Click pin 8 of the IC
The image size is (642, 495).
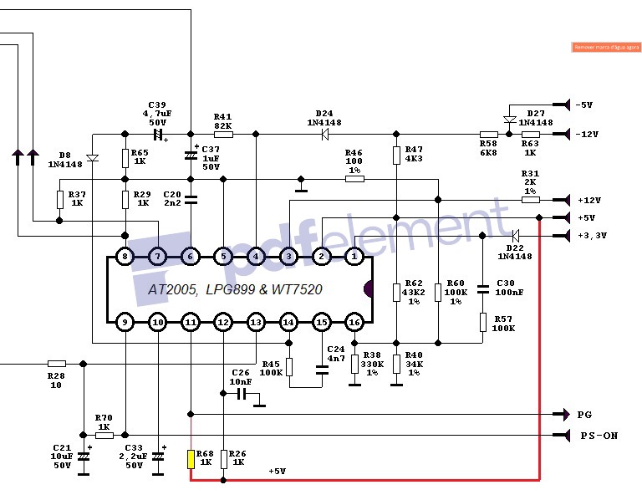124,256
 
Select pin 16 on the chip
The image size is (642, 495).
354,322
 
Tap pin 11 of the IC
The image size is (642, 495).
191,322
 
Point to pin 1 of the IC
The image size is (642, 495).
354,256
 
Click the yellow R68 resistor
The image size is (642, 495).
191,459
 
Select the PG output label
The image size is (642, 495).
585,415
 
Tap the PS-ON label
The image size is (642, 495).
599,436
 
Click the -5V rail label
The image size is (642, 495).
583,105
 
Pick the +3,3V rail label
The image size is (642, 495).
591,236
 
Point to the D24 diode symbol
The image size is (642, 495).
324,134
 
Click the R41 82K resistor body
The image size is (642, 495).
223,134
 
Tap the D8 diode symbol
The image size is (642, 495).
92,157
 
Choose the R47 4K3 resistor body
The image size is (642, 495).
396,156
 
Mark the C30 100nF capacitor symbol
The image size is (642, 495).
482,289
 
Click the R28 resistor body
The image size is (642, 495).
57,364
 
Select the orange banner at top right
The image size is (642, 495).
606,48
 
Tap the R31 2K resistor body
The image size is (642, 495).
531,200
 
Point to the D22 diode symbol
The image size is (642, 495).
515,236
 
